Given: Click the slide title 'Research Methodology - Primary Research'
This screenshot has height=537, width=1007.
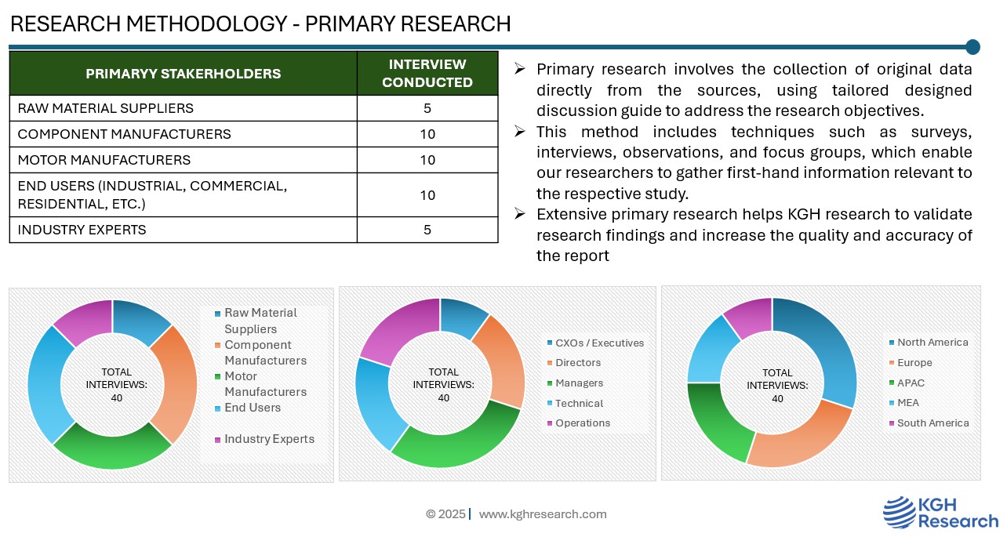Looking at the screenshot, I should tap(260, 24).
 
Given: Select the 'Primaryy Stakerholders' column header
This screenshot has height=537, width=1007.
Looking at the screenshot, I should tap(183, 74).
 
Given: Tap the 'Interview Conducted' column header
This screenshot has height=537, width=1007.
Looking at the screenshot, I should tap(427, 74).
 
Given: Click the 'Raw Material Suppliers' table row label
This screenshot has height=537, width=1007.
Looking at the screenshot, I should tap(105, 108).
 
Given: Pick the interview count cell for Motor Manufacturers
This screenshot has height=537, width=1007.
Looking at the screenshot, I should tap(427, 160).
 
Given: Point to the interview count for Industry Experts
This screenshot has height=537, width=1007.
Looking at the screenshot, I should tap(427, 230).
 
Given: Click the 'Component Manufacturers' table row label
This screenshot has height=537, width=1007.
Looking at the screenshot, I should tap(124, 134).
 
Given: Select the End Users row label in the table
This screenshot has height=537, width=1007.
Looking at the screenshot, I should tap(152, 195).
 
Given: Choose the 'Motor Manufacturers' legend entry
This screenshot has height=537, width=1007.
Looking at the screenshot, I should tap(265, 383).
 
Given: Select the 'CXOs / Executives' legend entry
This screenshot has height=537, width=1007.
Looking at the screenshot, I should tap(599, 343).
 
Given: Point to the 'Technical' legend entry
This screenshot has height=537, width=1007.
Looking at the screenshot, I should tap(579, 403).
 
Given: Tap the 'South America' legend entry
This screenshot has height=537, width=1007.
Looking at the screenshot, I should tap(932, 423).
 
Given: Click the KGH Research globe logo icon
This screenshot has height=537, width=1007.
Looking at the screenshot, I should tap(899, 512).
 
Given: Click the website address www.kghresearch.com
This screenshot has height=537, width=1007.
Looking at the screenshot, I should tap(543, 514).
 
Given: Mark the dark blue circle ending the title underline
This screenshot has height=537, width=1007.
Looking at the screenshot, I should tap(972, 47).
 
